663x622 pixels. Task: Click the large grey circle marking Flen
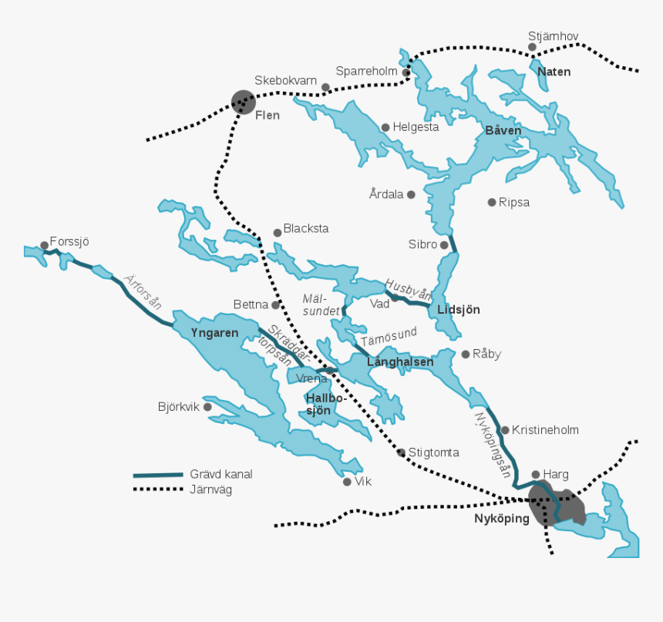pos(244,102)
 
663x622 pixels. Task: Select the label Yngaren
pos(214,333)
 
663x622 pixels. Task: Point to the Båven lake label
pos(503,130)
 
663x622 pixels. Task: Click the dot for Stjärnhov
pos(532,47)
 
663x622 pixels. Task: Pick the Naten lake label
pos(554,72)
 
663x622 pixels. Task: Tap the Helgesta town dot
pos(385,127)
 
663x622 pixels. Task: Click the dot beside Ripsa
pos(492,202)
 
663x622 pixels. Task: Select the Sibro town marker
pos(444,245)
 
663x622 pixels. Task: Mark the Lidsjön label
pos(458,310)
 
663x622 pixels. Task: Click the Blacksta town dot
pos(278,232)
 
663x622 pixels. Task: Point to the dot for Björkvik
pos(207,407)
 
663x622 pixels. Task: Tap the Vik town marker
pos(347,482)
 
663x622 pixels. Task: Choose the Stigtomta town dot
pos(401,452)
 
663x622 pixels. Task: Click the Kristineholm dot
pos(505,430)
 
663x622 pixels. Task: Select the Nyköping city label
pos(501,519)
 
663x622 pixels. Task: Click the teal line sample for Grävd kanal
pos(157,475)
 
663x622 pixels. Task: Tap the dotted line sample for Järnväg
pos(157,489)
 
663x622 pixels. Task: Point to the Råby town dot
pos(465,355)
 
